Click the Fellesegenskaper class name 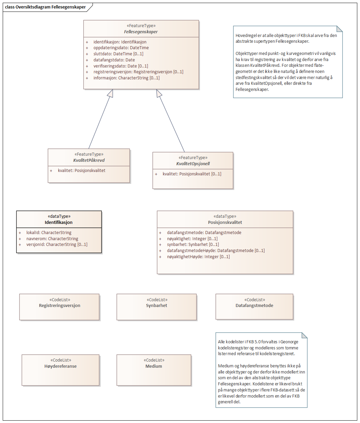[x=141, y=32]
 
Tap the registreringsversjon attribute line [x=138, y=72]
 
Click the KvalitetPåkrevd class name [x=89, y=160]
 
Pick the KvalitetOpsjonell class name [x=193, y=164]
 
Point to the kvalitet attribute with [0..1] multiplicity [x=192, y=174]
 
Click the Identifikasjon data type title [x=59, y=223]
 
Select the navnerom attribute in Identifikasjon [x=52, y=239]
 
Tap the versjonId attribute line [x=57, y=245]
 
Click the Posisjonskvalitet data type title [x=225, y=223]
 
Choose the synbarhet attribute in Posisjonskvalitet [x=193, y=245]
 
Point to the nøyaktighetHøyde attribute [x=198, y=257]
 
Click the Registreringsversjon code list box [x=60, y=307]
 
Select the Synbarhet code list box [x=157, y=307]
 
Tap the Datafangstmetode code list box [x=254, y=307]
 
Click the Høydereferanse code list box [x=60, y=370]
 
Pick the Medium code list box [x=154, y=370]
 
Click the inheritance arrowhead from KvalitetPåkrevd [x=110, y=93]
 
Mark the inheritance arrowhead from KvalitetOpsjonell [x=159, y=93]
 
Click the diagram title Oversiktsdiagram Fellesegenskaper [x=45, y=7]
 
